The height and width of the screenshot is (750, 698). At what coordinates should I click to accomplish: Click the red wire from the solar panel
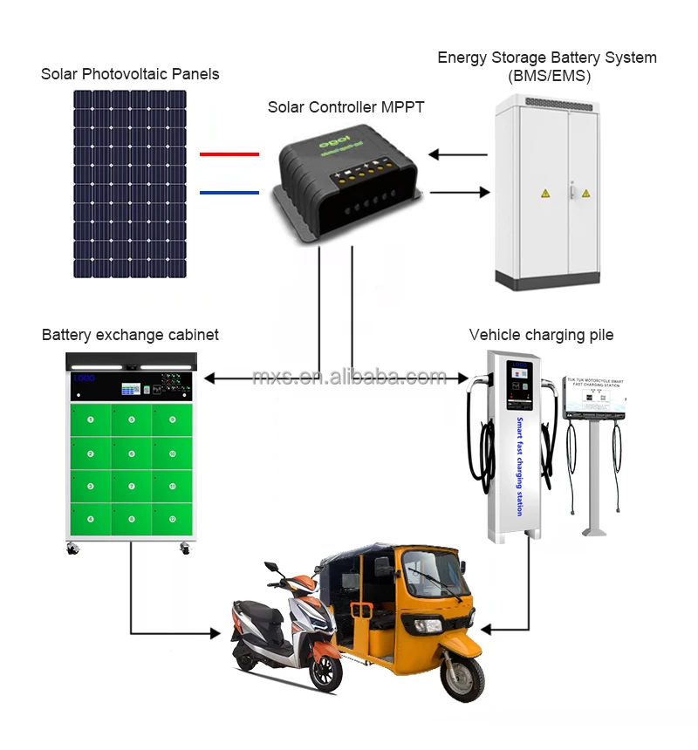[229, 154]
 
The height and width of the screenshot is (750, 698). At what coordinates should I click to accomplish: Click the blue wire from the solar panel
[229, 192]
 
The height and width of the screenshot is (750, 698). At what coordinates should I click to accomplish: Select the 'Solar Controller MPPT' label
[344, 106]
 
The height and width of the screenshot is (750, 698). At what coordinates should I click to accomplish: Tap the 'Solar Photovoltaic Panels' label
[130, 74]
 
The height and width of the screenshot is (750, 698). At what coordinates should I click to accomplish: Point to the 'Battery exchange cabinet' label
[130, 335]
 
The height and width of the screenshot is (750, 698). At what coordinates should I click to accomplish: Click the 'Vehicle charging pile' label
[541, 335]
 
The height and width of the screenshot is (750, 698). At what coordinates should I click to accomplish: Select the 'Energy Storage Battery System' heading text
[547, 58]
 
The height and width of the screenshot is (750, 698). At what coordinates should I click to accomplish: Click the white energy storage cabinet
[549, 192]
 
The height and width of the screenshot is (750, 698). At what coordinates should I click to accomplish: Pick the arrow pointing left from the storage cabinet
[458, 155]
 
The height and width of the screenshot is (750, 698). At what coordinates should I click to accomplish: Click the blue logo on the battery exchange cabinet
[85, 378]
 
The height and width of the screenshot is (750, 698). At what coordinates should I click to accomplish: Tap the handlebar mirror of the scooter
[272, 568]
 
